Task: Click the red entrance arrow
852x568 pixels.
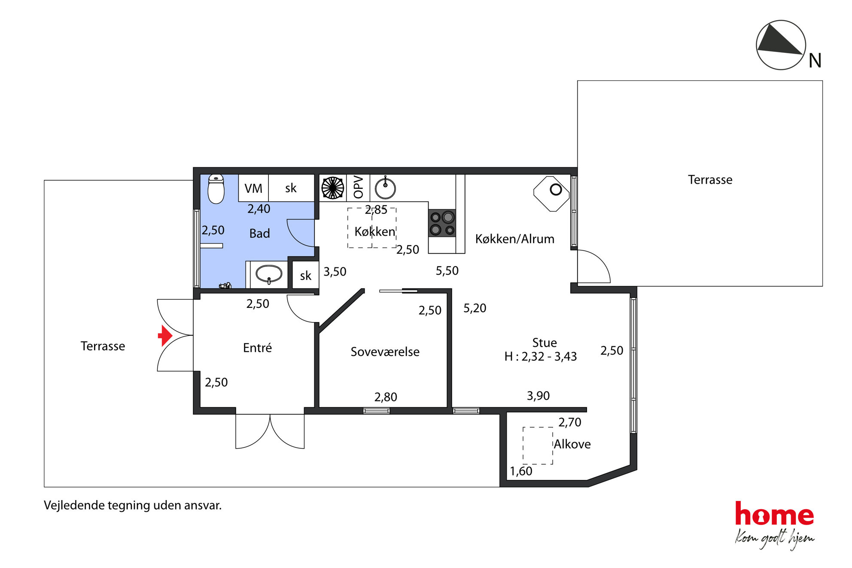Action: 165,335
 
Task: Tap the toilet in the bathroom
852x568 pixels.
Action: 216,189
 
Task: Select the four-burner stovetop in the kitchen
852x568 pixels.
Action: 442,223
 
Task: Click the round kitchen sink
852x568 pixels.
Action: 385,188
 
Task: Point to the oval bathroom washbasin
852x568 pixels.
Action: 269,274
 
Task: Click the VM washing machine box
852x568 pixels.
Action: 253,188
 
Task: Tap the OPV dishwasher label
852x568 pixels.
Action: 358,187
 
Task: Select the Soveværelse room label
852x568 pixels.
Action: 385,352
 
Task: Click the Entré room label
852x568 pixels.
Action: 257,347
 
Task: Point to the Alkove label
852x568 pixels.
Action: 572,444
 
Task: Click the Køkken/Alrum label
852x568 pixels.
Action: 514,239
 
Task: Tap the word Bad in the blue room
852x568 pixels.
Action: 260,233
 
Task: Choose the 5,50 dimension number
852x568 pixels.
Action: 447,271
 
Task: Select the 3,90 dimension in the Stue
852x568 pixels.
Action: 538,396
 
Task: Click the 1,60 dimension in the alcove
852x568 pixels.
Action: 521,471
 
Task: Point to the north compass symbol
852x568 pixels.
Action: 781,45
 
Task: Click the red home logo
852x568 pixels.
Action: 774,514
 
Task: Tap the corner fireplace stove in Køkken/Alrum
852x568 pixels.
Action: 552,194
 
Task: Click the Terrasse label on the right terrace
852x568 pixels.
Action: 710,179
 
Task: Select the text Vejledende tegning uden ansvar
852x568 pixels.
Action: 133,505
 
